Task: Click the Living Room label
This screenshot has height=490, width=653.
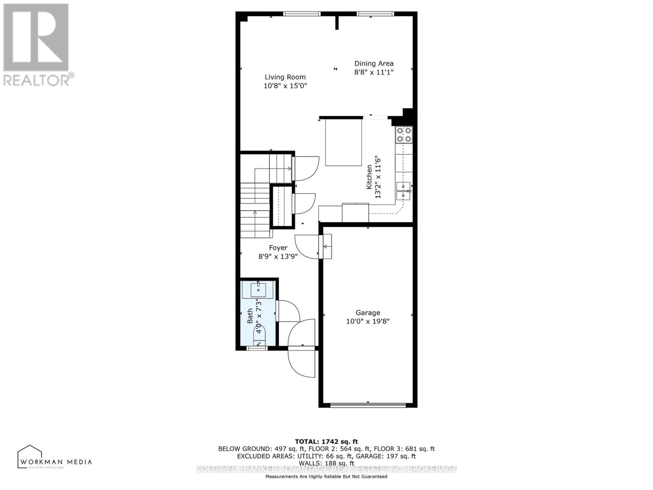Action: pyautogui.click(x=285, y=77)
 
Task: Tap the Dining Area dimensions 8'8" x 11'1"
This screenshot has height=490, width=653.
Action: pyautogui.click(x=373, y=72)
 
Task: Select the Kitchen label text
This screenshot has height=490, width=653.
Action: pyautogui.click(x=369, y=177)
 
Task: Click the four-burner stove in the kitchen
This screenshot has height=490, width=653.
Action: pyautogui.click(x=404, y=135)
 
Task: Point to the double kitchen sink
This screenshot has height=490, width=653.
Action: pyautogui.click(x=403, y=191)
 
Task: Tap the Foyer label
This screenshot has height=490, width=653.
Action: pyautogui.click(x=278, y=247)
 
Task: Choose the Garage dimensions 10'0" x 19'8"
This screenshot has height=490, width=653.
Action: pyautogui.click(x=368, y=321)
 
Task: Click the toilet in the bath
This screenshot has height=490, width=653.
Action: pyautogui.click(x=260, y=336)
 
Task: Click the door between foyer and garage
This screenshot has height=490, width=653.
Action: pyautogui.click(x=307, y=247)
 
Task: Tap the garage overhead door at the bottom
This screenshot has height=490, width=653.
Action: pyautogui.click(x=368, y=405)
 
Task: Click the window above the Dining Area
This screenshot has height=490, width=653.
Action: pyautogui.click(x=375, y=14)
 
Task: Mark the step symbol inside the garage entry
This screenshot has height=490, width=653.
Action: pyautogui.click(x=327, y=246)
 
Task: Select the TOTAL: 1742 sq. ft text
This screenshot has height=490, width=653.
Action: pyautogui.click(x=326, y=441)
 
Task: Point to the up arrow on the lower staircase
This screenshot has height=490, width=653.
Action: pyautogui.click(x=255, y=213)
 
